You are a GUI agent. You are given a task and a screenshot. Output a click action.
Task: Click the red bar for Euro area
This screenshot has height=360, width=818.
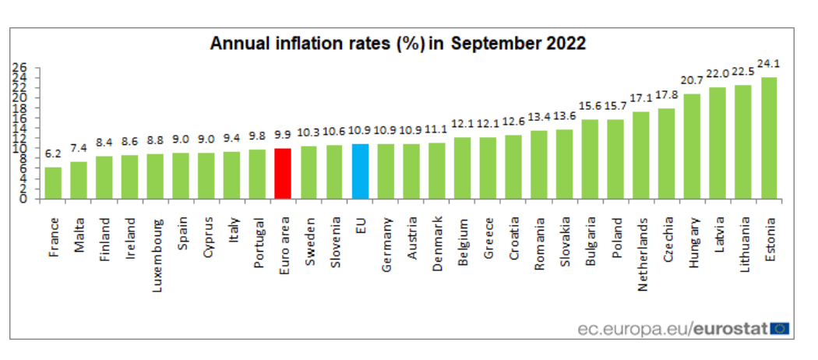tap(284, 174)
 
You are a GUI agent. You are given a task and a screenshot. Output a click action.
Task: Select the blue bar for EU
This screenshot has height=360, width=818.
tap(360, 171)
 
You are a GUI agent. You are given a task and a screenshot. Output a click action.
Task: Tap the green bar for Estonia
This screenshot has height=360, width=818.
tap(769, 138)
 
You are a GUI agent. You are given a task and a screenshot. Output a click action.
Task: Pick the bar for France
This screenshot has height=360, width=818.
tap(53, 183)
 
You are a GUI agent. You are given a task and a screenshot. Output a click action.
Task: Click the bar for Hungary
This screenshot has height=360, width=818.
tap(692, 146)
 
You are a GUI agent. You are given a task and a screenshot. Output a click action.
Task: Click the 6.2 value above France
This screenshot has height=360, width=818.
tap(53, 155)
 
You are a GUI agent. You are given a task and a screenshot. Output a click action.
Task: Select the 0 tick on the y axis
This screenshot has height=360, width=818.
tap(24, 199)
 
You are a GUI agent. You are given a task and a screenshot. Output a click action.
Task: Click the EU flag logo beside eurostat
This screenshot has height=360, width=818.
tap(780, 328)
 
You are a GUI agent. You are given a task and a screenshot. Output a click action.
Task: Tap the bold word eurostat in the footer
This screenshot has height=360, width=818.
tap(730, 329)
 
